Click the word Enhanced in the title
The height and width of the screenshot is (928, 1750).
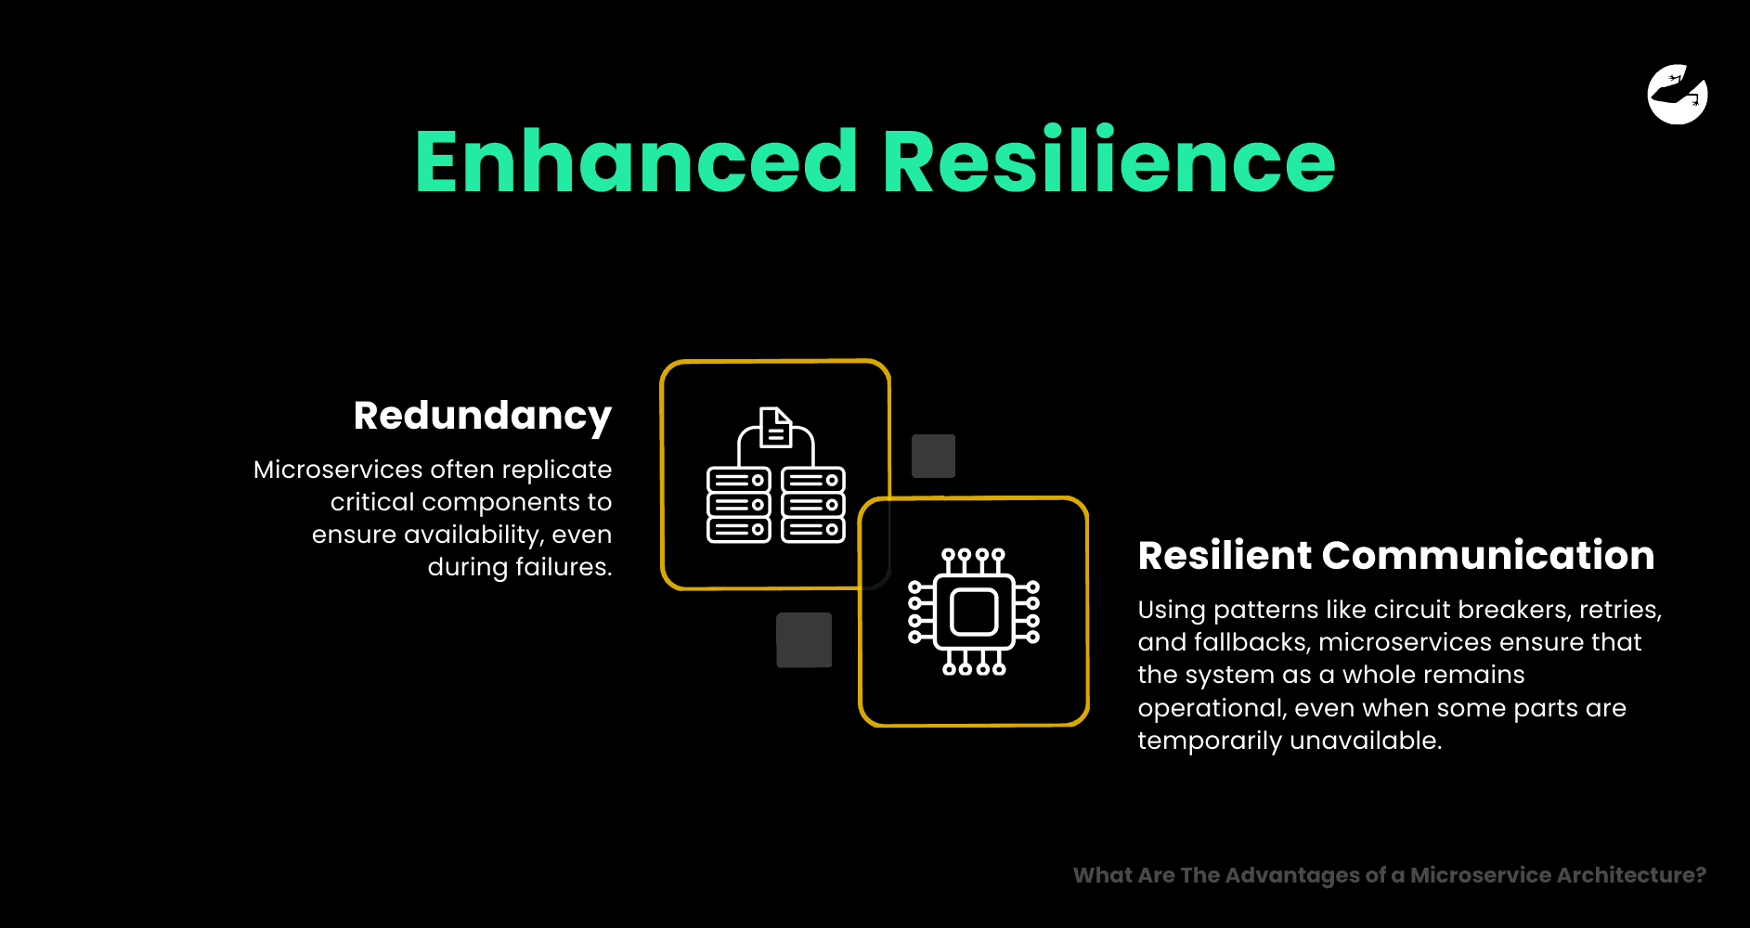click(x=636, y=161)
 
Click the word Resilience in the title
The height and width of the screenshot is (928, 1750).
click(x=1108, y=161)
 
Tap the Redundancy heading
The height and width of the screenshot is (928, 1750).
click(x=483, y=417)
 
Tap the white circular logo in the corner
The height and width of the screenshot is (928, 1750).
click(x=1678, y=95)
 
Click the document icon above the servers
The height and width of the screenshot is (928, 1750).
click(x=775, y=428)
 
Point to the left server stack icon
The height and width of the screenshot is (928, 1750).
click(x=739, y=505)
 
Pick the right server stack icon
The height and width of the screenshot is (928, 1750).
click(x=813, y=505)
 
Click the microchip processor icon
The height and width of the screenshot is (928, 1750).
click(x=974, y=612)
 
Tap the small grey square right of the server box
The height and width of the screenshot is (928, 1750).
click(x=933, y=456)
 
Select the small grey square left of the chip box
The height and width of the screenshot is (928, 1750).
click(x=804, y=640)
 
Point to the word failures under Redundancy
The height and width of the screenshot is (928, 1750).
click(x=564, y=567)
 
